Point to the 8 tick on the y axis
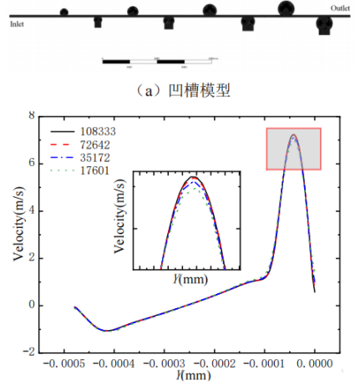[32, 115]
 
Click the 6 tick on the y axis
[32, 163]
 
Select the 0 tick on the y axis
[32, 305]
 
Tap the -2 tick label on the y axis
[29, 352]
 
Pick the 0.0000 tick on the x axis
[316, 366]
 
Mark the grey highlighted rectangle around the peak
[293, 149]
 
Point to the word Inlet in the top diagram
[17, 24]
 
